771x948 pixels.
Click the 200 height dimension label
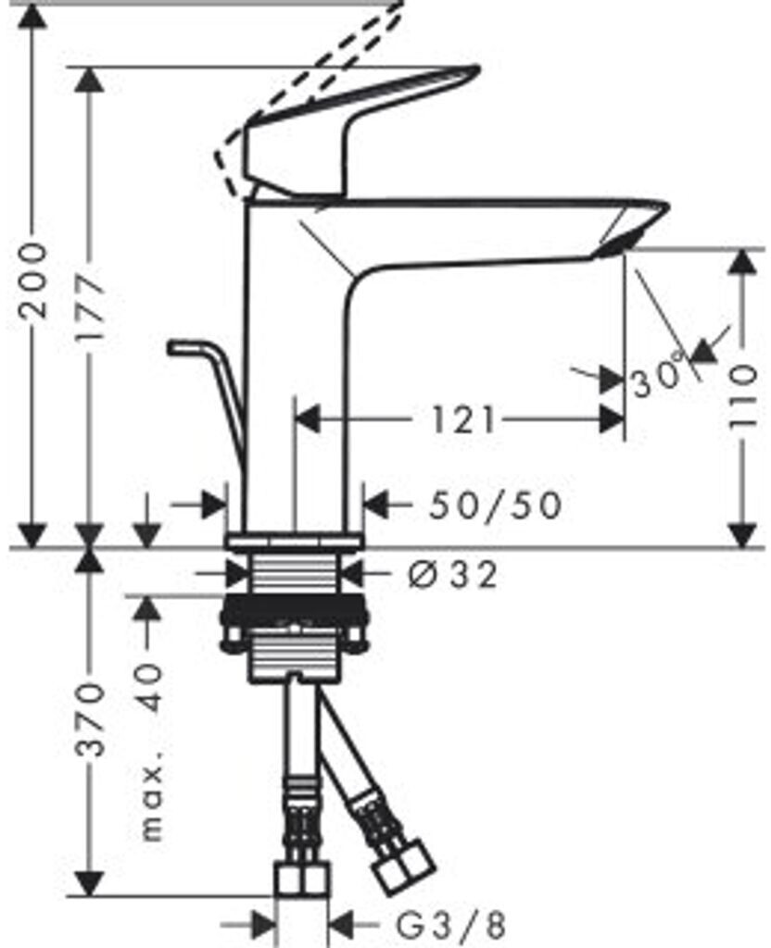33,280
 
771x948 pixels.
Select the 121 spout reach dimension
461,421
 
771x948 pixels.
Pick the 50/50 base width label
496,505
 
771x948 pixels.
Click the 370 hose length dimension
90,719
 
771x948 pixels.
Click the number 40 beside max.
153,686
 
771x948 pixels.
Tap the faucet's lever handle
361,130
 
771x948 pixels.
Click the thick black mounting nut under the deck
294,611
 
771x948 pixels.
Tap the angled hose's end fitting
402,861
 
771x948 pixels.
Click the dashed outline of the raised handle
315,93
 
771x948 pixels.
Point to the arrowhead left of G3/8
263,924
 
